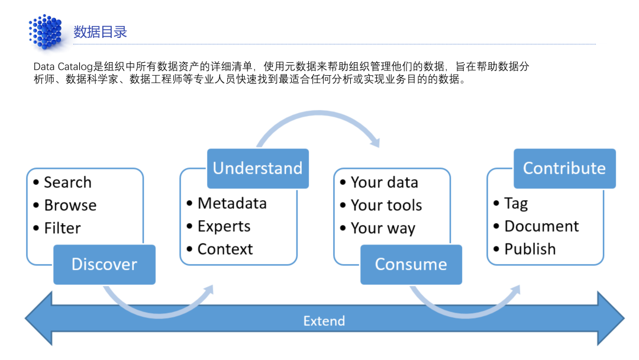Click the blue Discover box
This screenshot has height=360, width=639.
point(104,264)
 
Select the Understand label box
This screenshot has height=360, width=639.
point(258,168)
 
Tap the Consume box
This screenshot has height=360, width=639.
point(411,264)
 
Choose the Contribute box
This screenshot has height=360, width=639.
point(564,168)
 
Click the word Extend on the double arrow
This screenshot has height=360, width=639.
point(324,321)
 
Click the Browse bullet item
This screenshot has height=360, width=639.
point(65,205)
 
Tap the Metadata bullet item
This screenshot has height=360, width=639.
point(227,203)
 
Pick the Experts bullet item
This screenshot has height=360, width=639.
point(218,226)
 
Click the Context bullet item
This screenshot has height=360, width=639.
point(220,249)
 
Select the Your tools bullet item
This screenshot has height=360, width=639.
point(381,205)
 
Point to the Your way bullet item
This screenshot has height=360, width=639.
point(377,229)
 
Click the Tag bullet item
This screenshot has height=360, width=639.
point(511,204)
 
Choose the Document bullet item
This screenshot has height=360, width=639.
point(536,226)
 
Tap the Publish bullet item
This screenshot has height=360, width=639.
point(524,249)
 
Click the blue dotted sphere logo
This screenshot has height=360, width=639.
point(46,32)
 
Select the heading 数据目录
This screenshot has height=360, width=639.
point(100,32)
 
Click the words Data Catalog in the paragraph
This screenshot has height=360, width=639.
point(63,66)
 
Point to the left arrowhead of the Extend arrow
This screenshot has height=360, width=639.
point(38,319)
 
